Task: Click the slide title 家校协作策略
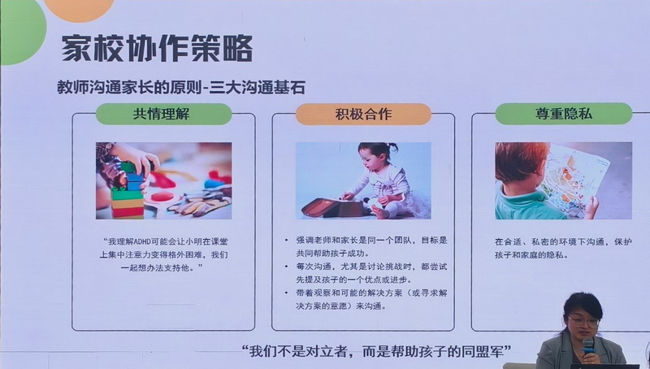157,48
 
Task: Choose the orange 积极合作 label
363,114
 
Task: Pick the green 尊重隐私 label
562,114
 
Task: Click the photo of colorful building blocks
163,180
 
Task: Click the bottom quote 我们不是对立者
375,351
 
